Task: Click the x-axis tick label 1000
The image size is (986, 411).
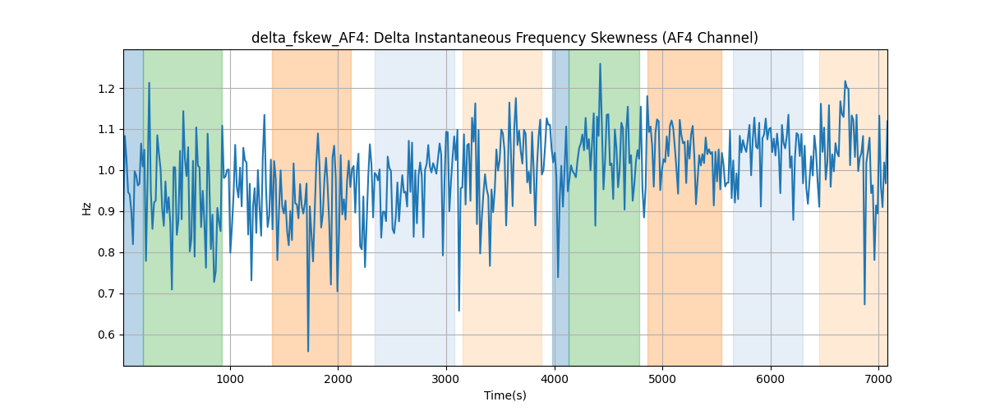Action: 230,379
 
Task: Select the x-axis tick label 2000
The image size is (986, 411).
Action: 338,379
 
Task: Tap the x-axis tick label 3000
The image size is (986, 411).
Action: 446,379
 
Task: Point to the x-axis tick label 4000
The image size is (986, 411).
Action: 554,379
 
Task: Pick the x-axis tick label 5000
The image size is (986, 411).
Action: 662,379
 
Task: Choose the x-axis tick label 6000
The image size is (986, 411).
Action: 771,379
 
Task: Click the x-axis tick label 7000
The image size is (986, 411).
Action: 878,379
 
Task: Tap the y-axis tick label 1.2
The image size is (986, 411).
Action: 106,89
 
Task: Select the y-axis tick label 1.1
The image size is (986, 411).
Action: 106,130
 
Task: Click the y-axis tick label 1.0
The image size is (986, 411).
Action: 106,171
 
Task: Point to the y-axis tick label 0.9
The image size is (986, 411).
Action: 106,212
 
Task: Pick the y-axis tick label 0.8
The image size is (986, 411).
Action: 106,253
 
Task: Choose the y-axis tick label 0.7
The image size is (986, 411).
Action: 106,293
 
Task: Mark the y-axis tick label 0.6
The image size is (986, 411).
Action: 106,335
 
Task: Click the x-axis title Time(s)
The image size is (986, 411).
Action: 505,395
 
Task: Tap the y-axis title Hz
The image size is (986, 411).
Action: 87,209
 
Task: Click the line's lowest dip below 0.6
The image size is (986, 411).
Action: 308,351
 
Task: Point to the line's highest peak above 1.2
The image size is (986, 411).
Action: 600,64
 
